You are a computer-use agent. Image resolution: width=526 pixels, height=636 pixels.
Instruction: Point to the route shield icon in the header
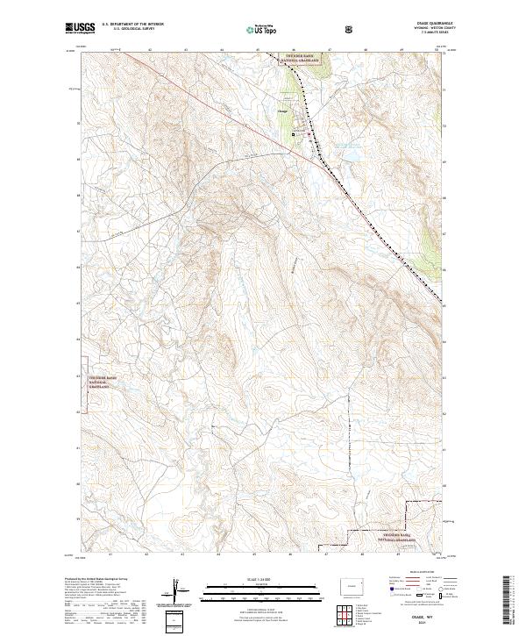[x=352, y=29]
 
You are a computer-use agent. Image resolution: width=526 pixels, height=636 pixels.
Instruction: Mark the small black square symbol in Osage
[x=295, y=133]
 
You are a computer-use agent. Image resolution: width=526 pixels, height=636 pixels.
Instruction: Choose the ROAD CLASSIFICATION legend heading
[x=413, y=577]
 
